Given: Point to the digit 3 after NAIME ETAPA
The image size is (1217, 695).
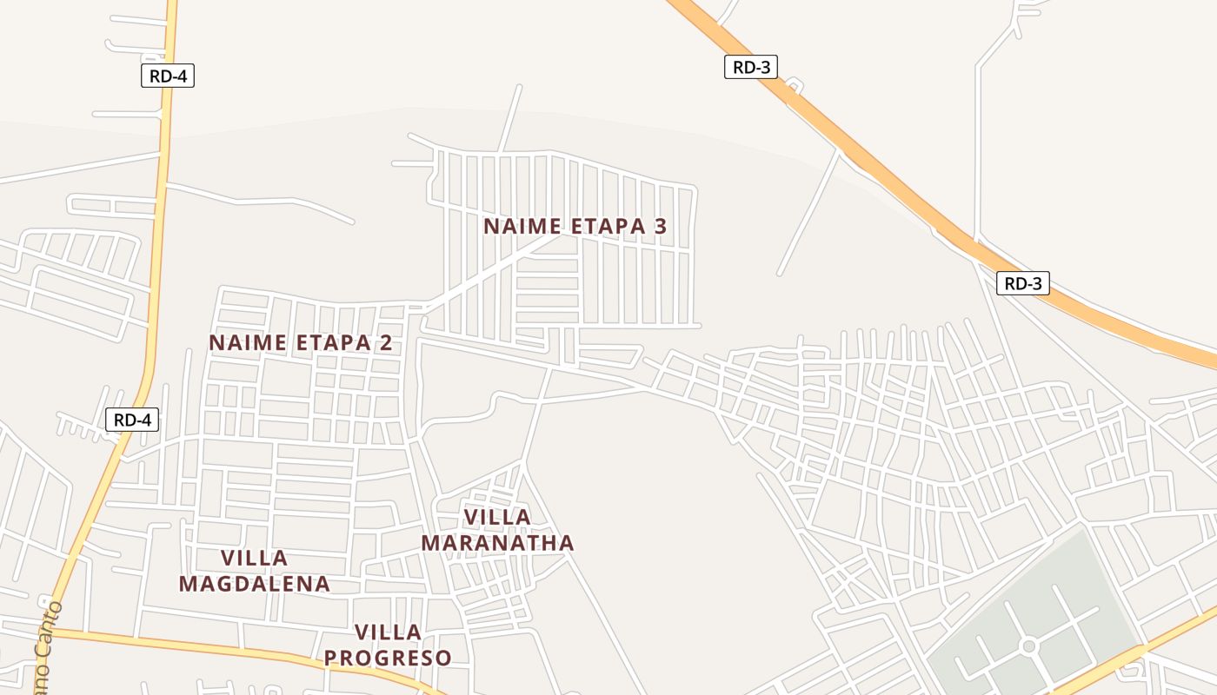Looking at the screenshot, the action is tap(660, 227).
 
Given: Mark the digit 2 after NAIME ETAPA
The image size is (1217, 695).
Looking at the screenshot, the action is tap(385, 343).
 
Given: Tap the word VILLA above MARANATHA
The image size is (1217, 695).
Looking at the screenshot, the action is tap(497, 518).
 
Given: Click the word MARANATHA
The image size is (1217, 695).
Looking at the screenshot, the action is tap(497, 544).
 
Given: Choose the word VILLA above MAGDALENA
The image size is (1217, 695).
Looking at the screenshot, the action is tap(254, 558).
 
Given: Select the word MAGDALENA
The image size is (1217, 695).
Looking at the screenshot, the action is tap(254, 584).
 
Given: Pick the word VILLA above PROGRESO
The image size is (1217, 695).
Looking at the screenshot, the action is tap(388, 632).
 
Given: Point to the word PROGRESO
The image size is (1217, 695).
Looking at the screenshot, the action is tap(388, 659).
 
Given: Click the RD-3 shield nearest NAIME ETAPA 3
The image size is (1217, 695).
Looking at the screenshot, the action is tap(750, 67).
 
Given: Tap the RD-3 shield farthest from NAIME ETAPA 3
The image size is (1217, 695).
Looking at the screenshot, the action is tap(1022, 283).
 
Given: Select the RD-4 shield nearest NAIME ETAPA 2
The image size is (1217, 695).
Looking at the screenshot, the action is tap(132, 420).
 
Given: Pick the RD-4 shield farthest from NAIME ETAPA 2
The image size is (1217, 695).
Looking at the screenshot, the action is tap(168, 76).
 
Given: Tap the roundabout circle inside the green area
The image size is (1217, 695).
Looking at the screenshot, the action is tap(1029, 646).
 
